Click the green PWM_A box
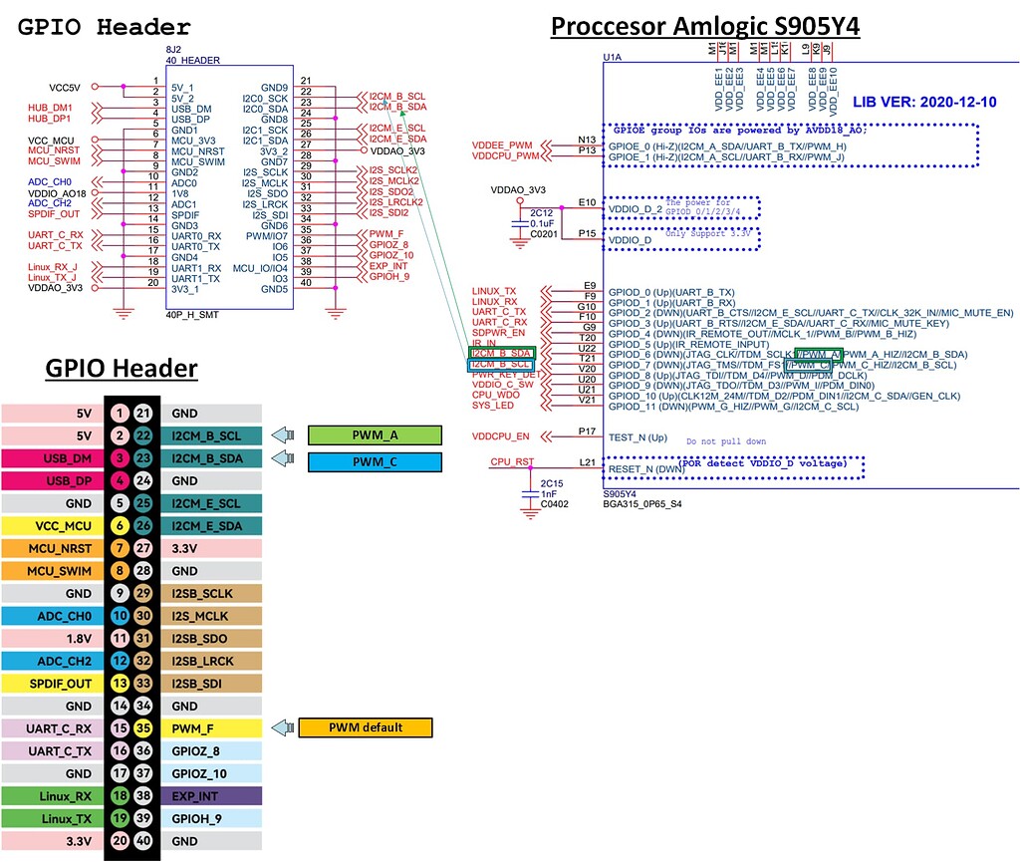click(374, 434)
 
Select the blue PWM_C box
click(374, 462)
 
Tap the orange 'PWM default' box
click(366, 727)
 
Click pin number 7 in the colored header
click(120, 549)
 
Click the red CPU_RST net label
click(513, 462)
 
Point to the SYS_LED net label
click(494, 406)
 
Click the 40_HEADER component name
click(187, 61)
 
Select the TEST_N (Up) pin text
click(637, 436)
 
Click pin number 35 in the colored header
click(143, 727)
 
